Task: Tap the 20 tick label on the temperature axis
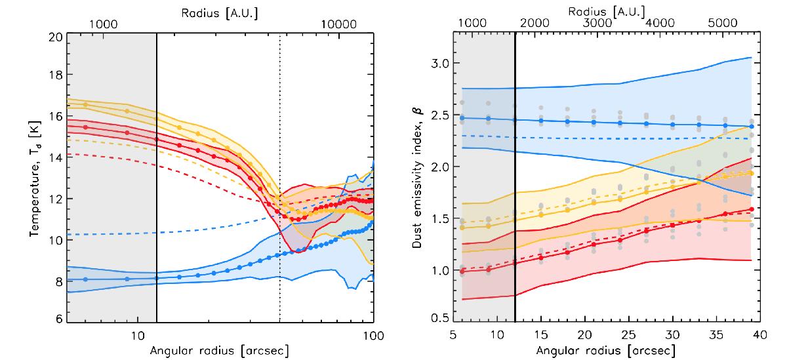56,37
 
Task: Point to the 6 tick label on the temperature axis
59,319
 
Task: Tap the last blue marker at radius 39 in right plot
752,126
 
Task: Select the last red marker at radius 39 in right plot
752,209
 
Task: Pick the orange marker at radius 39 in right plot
752,173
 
